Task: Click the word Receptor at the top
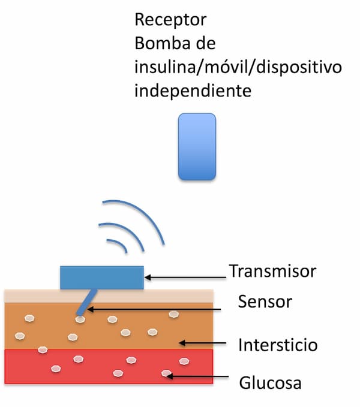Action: (170, 20)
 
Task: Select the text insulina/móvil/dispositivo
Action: (238, 68)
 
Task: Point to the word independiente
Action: (191, 92)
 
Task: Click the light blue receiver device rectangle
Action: (197, 147)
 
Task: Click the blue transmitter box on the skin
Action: (102, 278)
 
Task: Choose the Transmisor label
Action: (272, 272)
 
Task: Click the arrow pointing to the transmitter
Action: (186, 278)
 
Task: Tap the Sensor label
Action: (265, 302)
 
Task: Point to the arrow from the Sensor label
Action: (156, 309)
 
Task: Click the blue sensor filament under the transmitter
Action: (87, 301)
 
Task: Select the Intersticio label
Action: (277, 346)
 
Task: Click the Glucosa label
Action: (270, 382)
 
